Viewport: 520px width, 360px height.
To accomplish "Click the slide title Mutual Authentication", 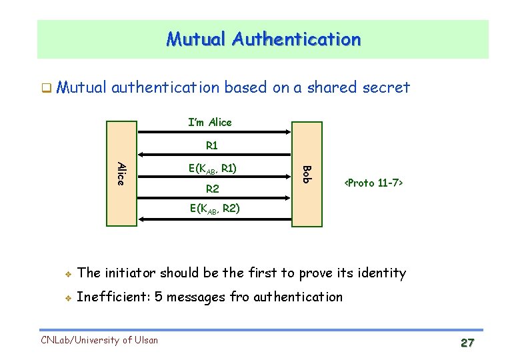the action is click(x=263, y=39).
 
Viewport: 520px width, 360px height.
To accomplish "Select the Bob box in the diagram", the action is click(x=306, y=173).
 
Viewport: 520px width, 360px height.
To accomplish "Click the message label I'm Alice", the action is click(x=210, y=122).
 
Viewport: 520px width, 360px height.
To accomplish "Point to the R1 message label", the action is click(x=212, y=145).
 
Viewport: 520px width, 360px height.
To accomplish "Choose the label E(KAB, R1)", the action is click(x=212, y=168).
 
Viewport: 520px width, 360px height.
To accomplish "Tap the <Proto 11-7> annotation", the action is click(x=373, y=183).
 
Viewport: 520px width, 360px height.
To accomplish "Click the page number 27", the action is click(x=467, y=343).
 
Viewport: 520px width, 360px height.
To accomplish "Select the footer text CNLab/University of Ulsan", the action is click(x=99, y=340).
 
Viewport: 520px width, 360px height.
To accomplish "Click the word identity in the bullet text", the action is click(x=381, y=273).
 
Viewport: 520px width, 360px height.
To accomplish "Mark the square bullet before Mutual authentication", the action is click(x=46, y=88).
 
